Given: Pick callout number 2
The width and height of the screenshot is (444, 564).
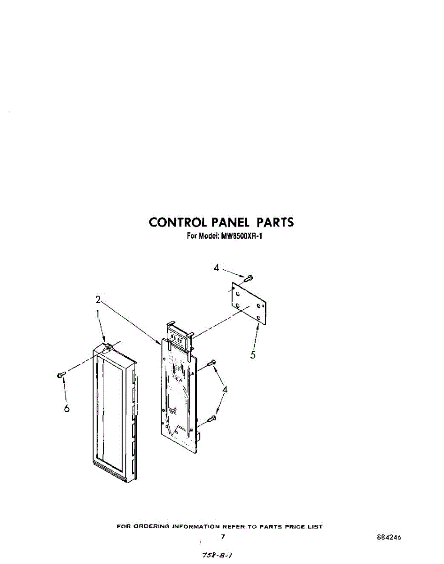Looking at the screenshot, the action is [98, 299].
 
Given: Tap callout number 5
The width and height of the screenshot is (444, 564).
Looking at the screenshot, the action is [253, 355].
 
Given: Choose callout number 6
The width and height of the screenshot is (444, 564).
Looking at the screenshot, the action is [67, 408].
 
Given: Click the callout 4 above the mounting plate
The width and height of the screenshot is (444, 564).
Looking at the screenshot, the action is [216, 267].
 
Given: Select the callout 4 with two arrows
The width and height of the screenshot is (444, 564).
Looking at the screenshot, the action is [226, 389].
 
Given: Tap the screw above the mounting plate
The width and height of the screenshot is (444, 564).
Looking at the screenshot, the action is [249, 278].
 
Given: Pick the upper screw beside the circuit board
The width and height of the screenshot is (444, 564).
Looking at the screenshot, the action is [212, 362].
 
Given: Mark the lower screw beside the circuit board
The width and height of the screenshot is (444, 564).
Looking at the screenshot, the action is [212, 418].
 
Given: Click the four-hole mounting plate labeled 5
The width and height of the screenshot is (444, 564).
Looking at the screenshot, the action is [249, 303].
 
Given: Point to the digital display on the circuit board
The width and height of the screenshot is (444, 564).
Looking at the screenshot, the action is [177, 338].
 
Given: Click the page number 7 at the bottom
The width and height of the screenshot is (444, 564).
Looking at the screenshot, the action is [223, 536].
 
